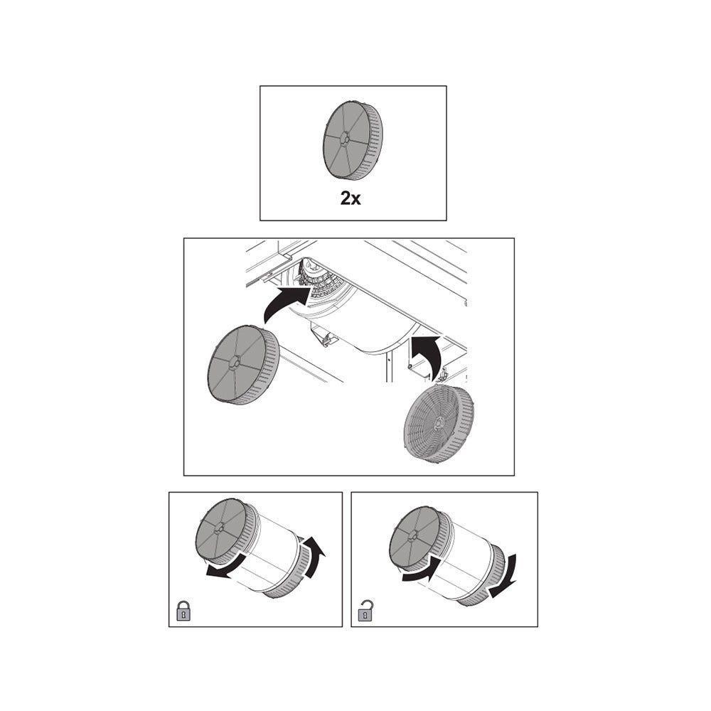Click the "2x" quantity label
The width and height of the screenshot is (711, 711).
pyautogui.click(x=351, y=198)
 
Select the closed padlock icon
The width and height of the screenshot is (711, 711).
pyautogui.click(x=183, y=611)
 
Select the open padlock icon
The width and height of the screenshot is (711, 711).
pyautogui.click(x=365, y=610)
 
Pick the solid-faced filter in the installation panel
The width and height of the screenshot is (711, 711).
pyautogui.click(x=243, y=365)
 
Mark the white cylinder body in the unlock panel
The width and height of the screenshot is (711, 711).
pyautogui.click(x=463, y=557)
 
